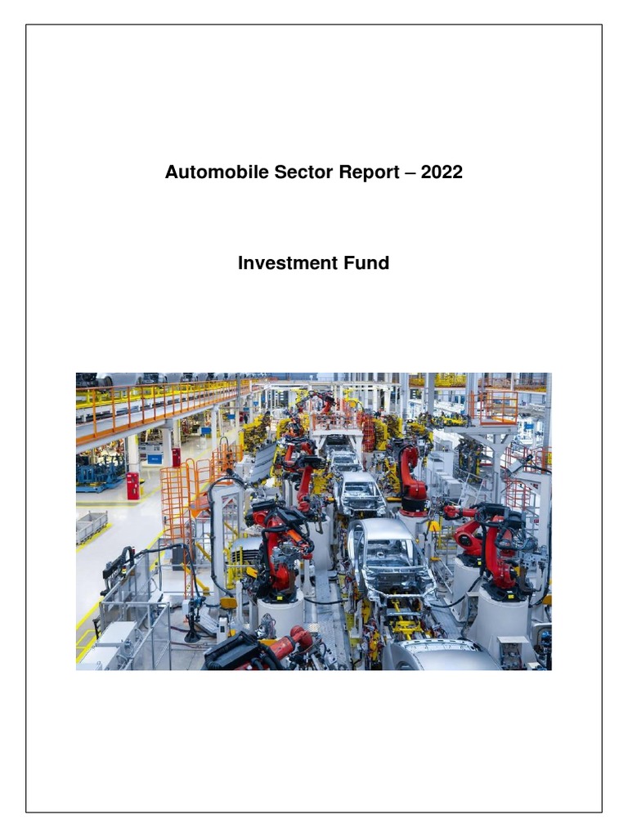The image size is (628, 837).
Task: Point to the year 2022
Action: tap(442, 172)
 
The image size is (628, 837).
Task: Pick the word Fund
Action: tap(365, 263)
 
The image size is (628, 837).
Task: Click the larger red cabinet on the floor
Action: tap(132, 486)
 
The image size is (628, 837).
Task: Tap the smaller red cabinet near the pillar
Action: tap(176, 456)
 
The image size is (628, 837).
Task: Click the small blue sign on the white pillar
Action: tap(155, 459)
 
